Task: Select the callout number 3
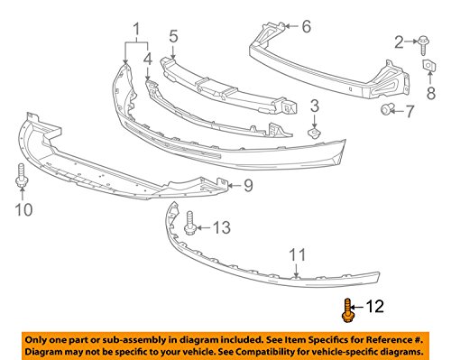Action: click(315, 107)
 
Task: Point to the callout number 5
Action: click(172, 39)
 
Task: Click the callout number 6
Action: click(306, 26)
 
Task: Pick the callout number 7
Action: click(410, 112)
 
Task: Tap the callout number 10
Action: click(23, 211)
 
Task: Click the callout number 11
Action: click(298, 254)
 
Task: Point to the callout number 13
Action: click(219, 226)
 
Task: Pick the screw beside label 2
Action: click(423, 40)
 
